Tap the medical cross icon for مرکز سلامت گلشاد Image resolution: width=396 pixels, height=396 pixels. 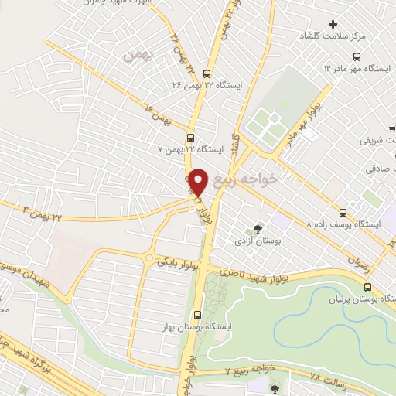pos(333,24)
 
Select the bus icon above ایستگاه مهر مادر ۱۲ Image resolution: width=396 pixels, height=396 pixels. pos(357,56)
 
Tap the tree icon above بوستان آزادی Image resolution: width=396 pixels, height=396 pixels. pos(257,228)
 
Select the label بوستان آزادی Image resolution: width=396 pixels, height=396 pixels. pos(255,241)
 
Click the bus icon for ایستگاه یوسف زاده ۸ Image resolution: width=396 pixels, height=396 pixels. pos(344,211)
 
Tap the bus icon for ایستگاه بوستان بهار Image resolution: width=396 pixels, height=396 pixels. pos(197,315)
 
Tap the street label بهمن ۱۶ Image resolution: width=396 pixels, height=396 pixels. pos(154,111)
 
